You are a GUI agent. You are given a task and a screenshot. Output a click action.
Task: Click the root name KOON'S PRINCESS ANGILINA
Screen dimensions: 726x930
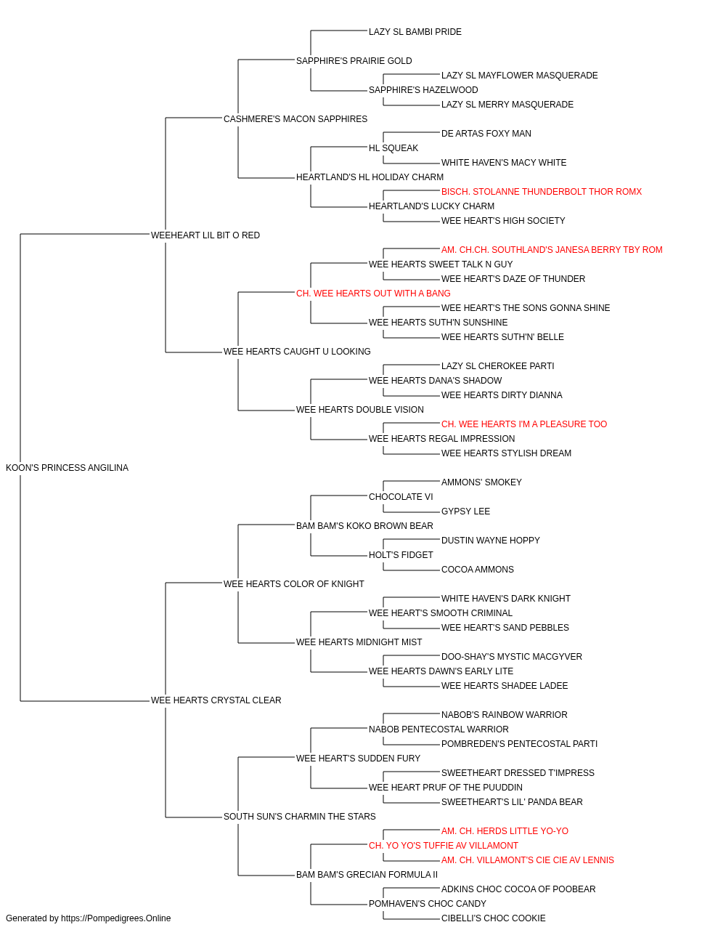point(67,467)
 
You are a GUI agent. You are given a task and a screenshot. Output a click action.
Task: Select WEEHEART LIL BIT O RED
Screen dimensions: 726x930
point(205,235)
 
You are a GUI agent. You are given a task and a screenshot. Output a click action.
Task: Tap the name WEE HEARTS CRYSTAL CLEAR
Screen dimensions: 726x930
point(216,700)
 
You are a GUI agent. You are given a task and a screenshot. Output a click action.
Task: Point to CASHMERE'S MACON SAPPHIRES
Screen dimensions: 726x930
point(295,118)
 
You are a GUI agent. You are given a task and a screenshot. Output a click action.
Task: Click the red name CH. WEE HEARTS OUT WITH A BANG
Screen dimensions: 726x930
point(373,293)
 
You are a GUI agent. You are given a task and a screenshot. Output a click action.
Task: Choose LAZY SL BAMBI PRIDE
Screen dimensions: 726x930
point(415,32)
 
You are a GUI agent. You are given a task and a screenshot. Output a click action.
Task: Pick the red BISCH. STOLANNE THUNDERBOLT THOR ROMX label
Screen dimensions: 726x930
point(542,191)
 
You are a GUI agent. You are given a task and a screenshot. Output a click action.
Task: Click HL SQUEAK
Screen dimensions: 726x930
point(393,147)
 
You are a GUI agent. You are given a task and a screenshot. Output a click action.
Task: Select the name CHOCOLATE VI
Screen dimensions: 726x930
point(401,496)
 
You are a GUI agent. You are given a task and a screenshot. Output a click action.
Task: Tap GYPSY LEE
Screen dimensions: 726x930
point(465,511)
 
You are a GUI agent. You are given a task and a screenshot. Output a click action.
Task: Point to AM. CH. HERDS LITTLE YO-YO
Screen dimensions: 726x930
point(505,830)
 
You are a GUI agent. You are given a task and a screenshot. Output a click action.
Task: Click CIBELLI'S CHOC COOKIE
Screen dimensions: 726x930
point(494,918)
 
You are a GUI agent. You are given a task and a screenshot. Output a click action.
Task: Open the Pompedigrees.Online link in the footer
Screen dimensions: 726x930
point(115,918)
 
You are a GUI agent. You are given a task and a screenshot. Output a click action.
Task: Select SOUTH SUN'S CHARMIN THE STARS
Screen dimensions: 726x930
point(300,816)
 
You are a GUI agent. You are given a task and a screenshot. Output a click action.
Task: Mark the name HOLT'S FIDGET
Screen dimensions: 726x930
point(401,554)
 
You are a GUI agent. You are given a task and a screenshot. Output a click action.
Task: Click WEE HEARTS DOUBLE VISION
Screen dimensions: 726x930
point(360,410)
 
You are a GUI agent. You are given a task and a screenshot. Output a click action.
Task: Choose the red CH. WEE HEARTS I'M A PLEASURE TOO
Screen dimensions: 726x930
point(523,424)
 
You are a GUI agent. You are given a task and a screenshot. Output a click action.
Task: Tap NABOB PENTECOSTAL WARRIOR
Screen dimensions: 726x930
point(439,729)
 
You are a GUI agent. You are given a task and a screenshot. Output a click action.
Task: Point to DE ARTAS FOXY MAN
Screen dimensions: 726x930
point(486,133)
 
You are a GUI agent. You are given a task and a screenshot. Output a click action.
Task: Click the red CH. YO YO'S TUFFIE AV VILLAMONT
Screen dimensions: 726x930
point(444,845)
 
